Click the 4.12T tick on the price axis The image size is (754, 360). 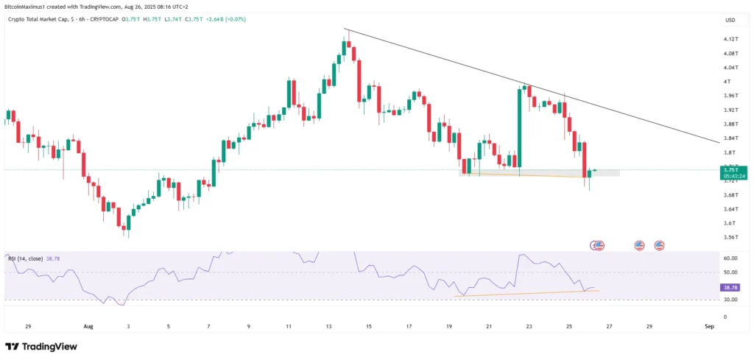730,39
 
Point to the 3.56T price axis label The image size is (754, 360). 730,237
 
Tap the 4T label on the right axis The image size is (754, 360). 727,81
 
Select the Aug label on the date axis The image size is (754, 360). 89,325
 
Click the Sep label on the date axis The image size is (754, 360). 708,325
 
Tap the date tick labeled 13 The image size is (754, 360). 329,325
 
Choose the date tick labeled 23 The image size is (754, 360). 529,325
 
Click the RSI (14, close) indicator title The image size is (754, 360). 27,259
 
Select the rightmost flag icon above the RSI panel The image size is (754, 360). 660,245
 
